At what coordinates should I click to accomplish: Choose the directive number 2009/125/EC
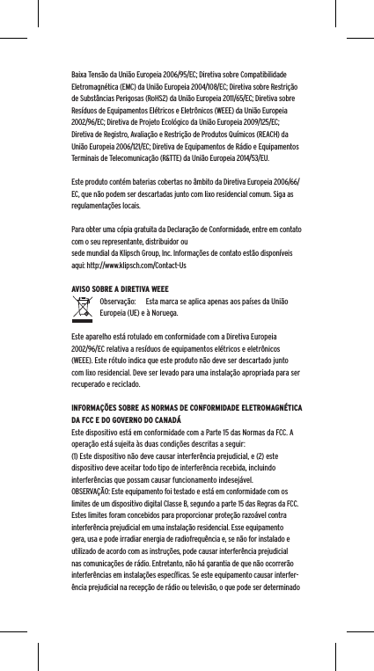point(257,127)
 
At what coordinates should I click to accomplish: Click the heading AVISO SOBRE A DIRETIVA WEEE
point(121,288)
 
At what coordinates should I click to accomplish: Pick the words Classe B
point(191,502)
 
